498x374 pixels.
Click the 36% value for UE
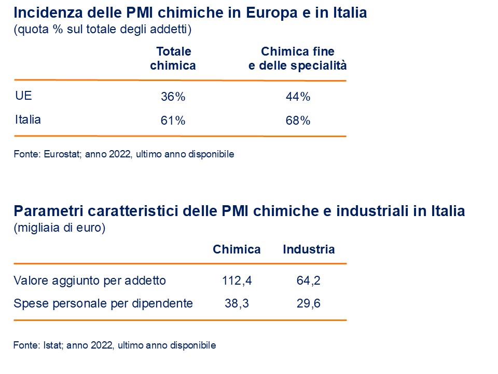(x=173, y=97)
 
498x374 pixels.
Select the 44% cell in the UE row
(x=298, y=97)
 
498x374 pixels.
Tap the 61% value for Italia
(x=173, y=121)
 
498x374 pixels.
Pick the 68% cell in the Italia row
(x=298, y=121)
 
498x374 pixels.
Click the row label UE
(x=24, y=96)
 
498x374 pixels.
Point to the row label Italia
(x=28, y=119)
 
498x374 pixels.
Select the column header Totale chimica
(x=173, y=59)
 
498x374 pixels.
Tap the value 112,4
(x=237, y=281)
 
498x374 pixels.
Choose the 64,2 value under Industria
(x=308, y=281)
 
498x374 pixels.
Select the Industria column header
(x=309, y=249)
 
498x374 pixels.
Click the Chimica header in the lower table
(x=237, y=249)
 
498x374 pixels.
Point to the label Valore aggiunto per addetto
(x=90, y=281)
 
